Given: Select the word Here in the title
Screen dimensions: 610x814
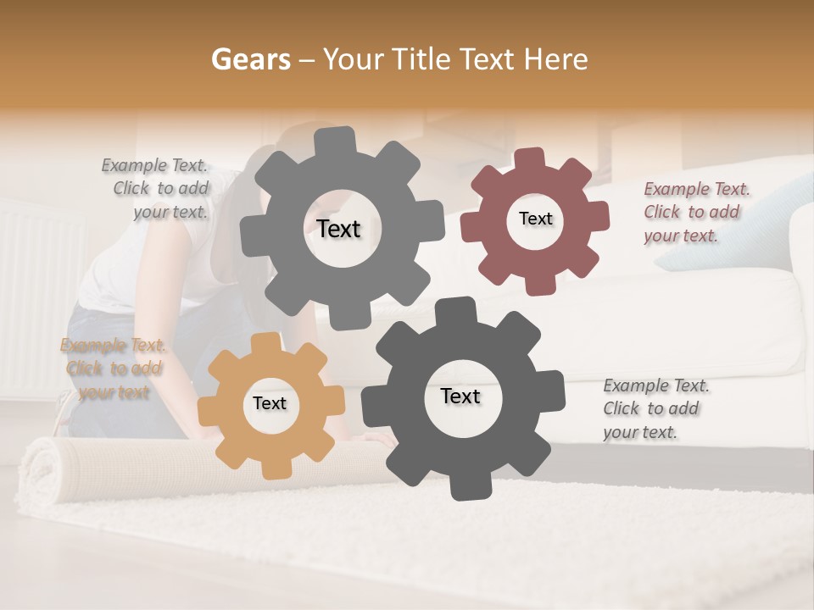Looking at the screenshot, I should click(556, 59).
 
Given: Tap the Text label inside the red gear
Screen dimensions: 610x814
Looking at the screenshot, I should click(535, 219).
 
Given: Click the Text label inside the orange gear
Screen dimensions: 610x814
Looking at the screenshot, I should click(270, 404).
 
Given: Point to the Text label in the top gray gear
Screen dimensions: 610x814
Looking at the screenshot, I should click(338, 229).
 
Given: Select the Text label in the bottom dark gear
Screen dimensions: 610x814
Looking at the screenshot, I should click(460, 396).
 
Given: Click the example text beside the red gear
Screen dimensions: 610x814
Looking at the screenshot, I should click(696, 212).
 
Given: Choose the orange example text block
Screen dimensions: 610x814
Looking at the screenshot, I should click(113, 369).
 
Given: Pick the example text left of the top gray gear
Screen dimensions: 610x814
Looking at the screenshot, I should click(156, 189).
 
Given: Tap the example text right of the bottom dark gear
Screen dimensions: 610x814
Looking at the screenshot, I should click(655, 408).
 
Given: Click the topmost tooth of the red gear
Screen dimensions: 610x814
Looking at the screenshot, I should click(530, 159).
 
